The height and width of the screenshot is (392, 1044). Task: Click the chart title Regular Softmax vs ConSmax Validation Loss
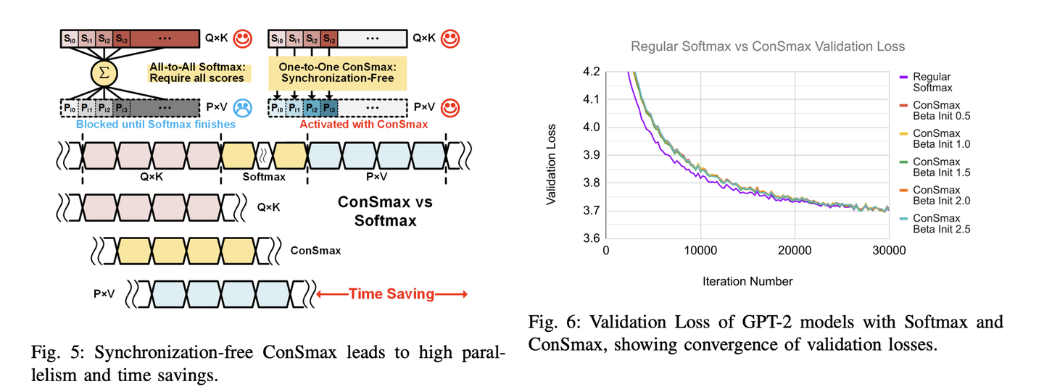pos(768,47)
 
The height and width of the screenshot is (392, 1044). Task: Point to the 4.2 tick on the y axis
pos(591,72)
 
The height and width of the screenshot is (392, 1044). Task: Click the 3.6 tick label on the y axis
pos(591,238)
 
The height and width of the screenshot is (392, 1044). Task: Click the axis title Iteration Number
pos(748,281)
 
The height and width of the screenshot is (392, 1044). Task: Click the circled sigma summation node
pos(104,73)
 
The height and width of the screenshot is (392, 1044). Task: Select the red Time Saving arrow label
pos(391,294)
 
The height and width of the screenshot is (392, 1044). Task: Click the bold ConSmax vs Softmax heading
pos(385,211)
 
